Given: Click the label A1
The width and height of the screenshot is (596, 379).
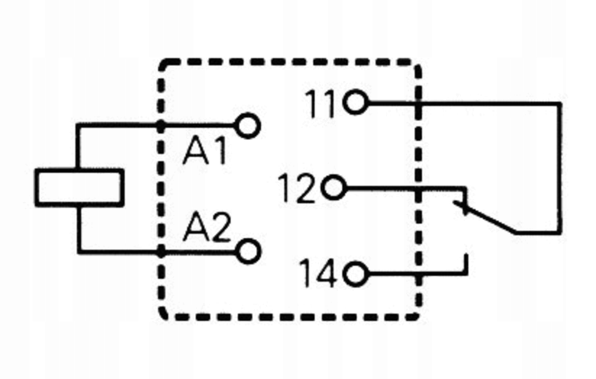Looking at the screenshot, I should pos(205,151).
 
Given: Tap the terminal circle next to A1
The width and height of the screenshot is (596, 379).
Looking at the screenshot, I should pos(248,126).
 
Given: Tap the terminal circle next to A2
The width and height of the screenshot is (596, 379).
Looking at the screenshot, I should pos(249,251).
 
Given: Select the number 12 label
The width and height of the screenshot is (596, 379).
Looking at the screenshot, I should pos(297,189).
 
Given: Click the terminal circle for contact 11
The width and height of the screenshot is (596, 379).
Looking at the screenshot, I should pos(355,102).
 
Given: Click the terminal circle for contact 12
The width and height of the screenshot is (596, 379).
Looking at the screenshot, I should pos(333,187).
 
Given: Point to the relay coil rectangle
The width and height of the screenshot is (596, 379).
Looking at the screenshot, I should pos(79,187).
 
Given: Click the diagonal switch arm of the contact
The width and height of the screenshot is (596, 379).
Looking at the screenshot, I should pos(489,219).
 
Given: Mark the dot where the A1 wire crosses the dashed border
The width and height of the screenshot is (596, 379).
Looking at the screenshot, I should pos(161,126).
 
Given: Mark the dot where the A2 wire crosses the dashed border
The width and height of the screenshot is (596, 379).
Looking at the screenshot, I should pos(161,252).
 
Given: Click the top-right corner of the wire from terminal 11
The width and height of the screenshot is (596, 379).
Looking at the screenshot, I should pos(560,104).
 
